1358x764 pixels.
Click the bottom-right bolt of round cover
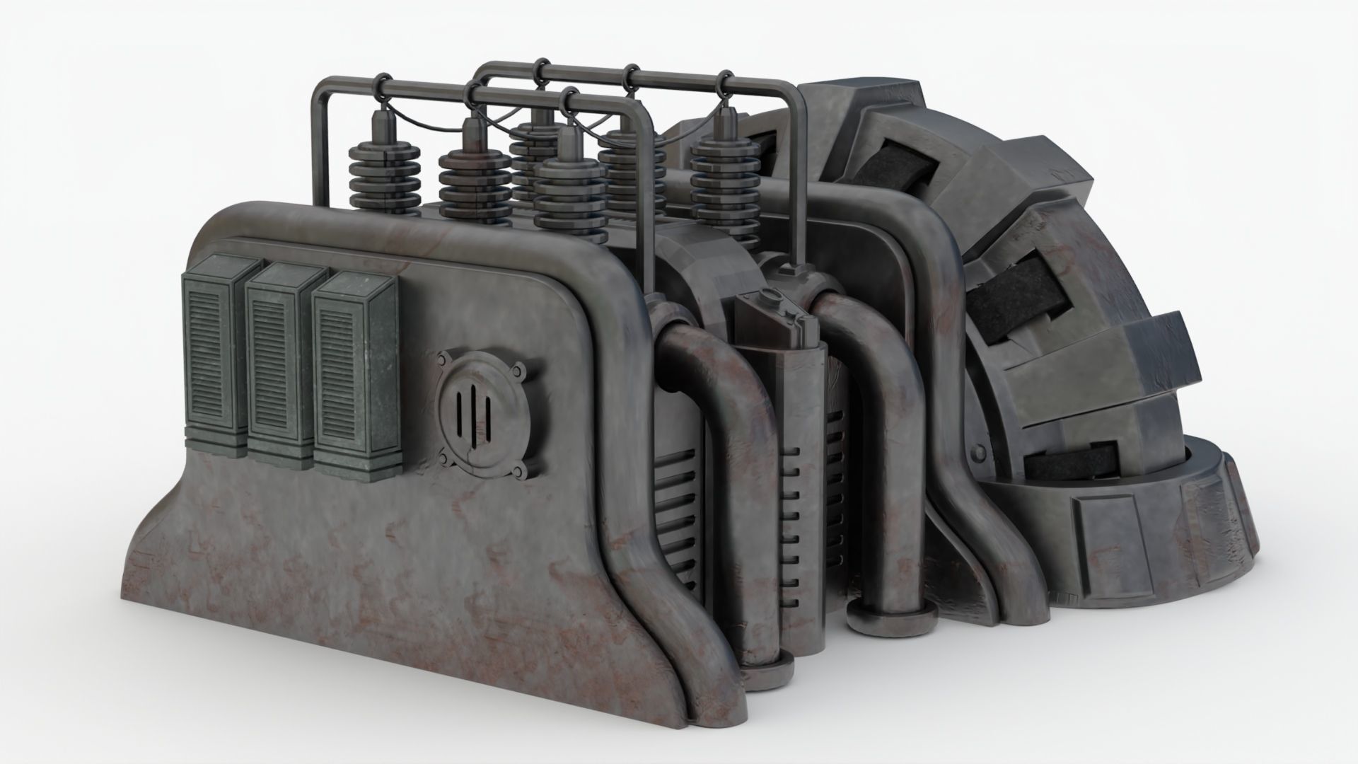coord(521,471)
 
